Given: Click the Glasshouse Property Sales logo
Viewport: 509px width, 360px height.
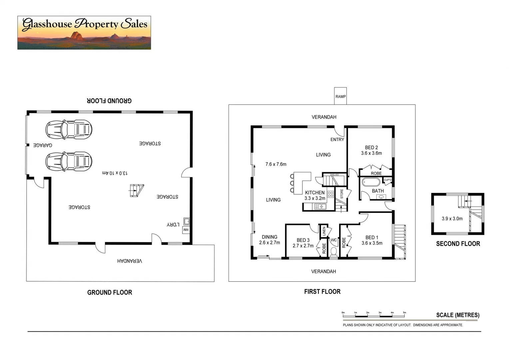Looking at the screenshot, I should pos(84,33).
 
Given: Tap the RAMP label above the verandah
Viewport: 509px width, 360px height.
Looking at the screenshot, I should pos(340,97).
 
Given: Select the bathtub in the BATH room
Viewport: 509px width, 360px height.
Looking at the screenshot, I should pos(371,182).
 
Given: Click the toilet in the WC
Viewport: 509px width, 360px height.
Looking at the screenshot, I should pos(333,252).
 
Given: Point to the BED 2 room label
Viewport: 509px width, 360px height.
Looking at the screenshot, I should pos(371,148).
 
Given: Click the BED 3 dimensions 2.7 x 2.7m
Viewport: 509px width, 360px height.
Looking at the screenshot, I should pos(303,246).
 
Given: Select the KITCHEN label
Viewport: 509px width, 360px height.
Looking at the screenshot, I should pos(314,193).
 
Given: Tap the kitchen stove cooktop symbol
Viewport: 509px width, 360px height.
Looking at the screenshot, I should pos(330,194).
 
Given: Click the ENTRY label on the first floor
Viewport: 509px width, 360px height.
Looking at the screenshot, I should pos(337,140).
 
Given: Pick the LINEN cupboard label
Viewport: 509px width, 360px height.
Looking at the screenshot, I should pos(324,231).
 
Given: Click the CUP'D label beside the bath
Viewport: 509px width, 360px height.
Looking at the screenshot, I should pos(388,180).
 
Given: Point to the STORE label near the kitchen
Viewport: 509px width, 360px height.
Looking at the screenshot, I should pos(342,194).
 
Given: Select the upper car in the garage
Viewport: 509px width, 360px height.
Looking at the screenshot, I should pos(69,129).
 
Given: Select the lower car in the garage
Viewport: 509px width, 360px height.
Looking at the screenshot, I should pos(69,161).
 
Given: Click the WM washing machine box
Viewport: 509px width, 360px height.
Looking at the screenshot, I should pos(187,230).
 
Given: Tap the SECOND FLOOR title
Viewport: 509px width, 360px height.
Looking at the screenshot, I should pos(458,244).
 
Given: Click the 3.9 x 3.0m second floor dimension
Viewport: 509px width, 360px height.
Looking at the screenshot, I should pos(452,219).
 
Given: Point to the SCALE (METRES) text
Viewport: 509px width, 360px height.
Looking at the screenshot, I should pos(458,315).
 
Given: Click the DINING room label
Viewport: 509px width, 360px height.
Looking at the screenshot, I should pos(269,237).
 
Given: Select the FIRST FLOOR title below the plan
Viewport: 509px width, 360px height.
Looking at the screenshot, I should pos(322,292).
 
